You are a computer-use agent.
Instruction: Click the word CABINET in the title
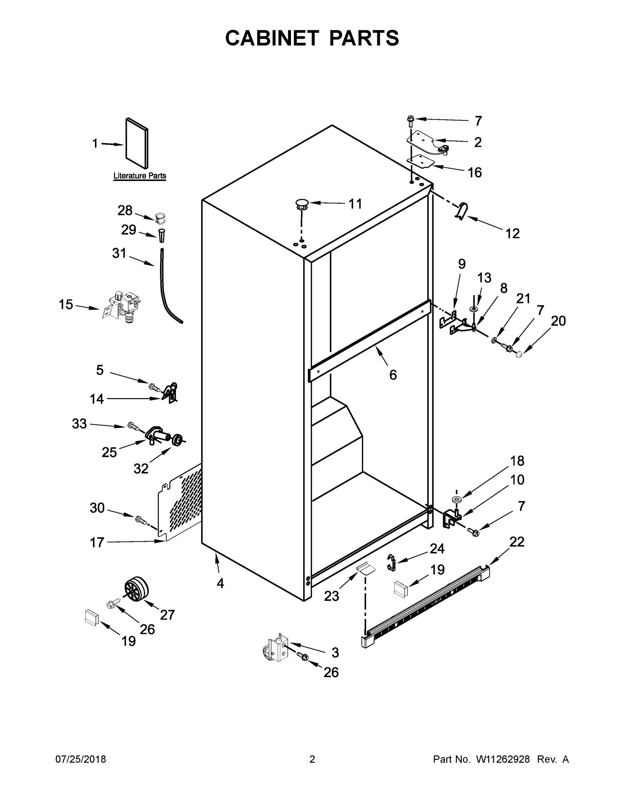272,38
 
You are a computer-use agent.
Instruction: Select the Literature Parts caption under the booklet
139,176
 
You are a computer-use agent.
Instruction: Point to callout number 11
355,204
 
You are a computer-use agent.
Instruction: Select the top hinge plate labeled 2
427,142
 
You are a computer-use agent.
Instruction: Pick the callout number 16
475,172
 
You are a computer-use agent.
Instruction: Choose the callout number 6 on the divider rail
393,375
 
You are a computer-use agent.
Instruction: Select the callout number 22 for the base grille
517,542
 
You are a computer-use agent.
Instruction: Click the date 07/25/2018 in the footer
81,759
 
